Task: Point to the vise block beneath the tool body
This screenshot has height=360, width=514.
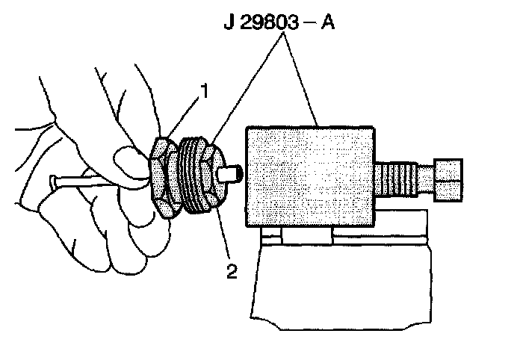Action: [x=340, y=276]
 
